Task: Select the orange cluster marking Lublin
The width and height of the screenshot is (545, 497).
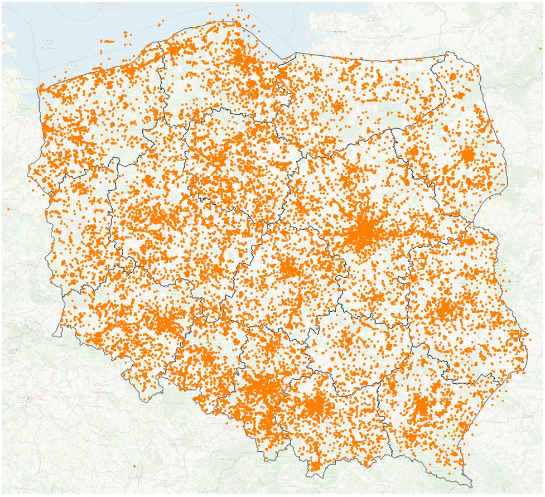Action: coord(445,309)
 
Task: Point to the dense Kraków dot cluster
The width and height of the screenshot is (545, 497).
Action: coord(316,406)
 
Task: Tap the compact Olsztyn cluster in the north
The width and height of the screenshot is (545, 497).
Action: coord(337,106)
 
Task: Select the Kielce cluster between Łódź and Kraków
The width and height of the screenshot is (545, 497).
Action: coord(347,341)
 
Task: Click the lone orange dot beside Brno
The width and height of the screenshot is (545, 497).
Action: coord(134,466)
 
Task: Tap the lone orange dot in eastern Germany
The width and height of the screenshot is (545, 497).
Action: coord(8,208)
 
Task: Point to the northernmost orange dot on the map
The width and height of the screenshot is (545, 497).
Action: coord(237,5)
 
